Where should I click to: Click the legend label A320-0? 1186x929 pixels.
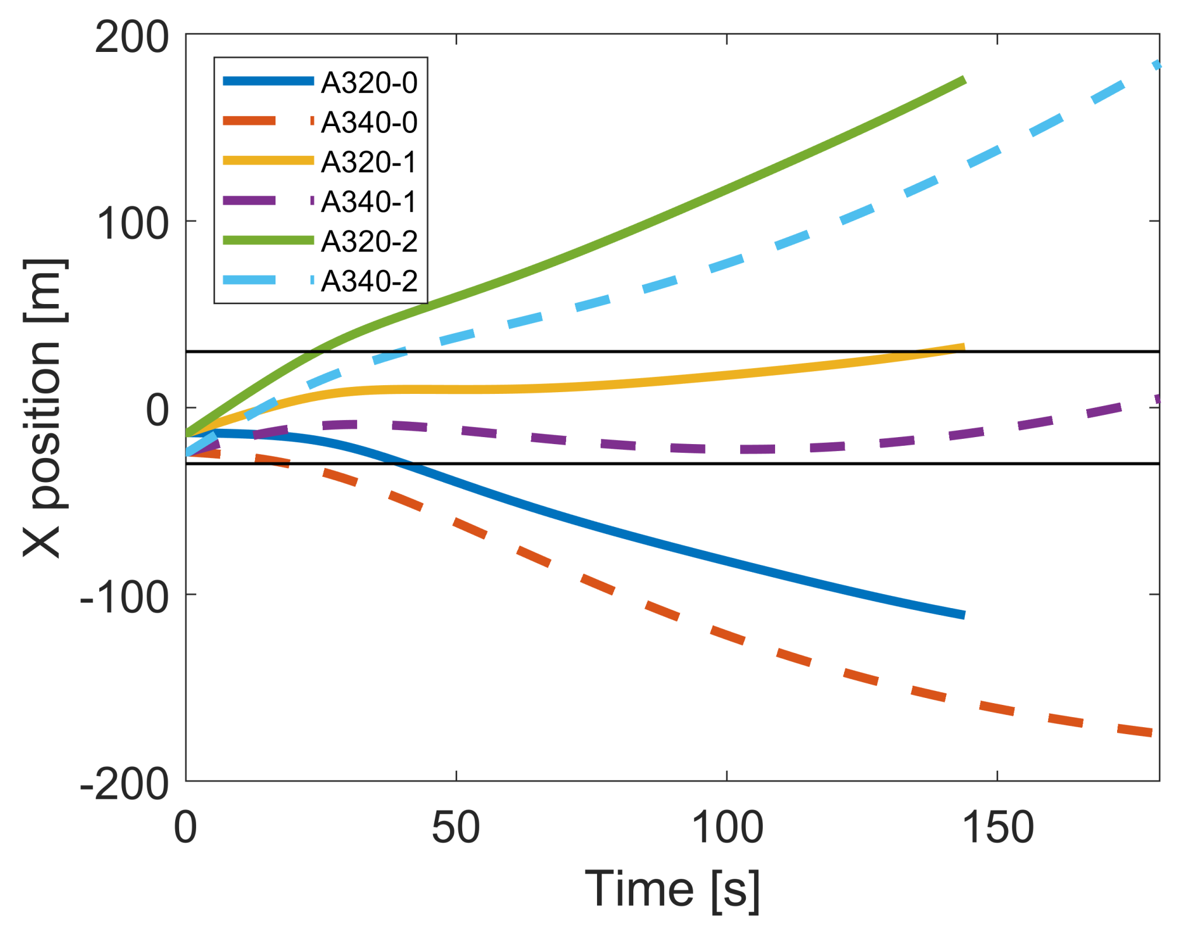tap(369, 82)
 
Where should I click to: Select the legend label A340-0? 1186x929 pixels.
tap(369, 122)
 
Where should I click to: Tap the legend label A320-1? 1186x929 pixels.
tap(369, 162)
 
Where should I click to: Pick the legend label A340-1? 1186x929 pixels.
tap(369, 201)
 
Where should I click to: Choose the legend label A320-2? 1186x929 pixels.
tap(369, 241)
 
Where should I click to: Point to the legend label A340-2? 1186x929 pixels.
tap(369, 281)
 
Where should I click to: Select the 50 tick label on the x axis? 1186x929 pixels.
tap(456, 827)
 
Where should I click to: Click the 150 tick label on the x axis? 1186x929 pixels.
tap(997, 827)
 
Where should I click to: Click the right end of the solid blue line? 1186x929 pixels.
tap(964, 614)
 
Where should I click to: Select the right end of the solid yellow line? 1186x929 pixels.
tap(964, 348)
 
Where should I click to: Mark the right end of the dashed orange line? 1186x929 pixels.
tap(1152, 733)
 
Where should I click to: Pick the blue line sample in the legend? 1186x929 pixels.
tap(268, 81)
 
